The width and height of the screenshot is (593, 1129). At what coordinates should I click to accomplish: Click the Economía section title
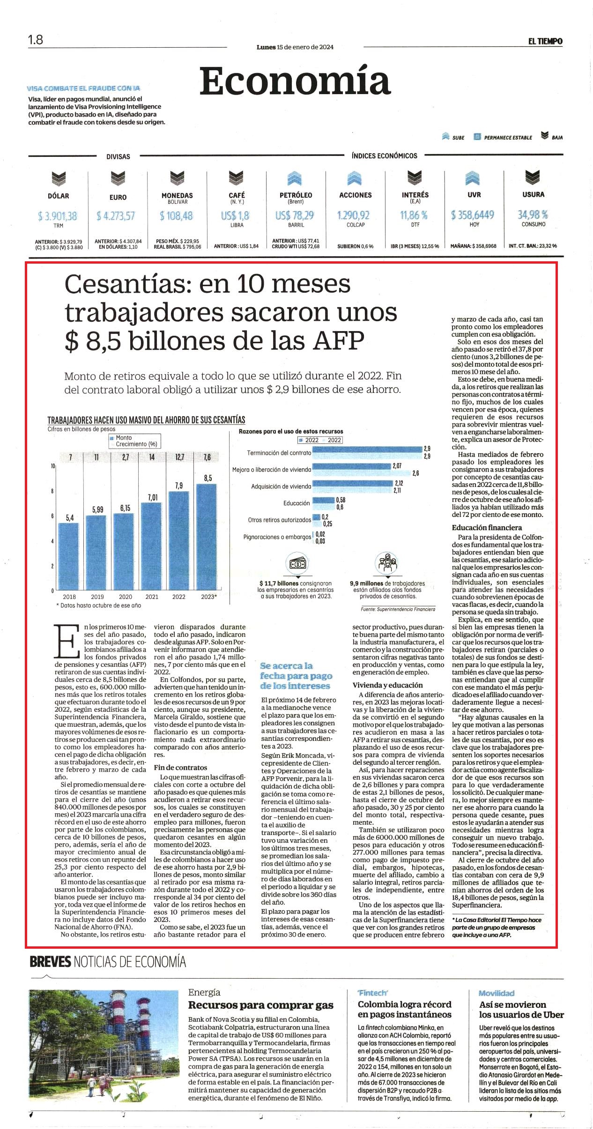tap(295, 81)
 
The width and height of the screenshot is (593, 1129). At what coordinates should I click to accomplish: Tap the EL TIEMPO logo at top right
tap(545, 41)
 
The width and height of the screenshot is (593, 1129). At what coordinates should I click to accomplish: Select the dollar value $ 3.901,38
tap(58, 216)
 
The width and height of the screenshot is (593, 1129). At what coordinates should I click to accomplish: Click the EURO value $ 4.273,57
tap(116, 216)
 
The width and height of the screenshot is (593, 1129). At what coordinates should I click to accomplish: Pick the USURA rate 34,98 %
tap(533, 214)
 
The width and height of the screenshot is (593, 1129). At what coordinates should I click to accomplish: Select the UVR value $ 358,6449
tap(473, 215)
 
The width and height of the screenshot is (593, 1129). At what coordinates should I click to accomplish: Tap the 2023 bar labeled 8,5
tap(207, 537)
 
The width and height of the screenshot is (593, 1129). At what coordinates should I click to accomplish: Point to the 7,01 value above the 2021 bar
tap(153, 497)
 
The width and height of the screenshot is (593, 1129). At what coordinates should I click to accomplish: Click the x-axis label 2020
tap(126, 597)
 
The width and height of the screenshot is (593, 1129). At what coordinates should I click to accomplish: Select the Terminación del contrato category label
tap(279, 453)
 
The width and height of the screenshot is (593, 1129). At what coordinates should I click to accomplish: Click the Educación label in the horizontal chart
tap(296, 503)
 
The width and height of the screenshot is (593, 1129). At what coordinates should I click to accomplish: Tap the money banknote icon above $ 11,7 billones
tap(298, 563)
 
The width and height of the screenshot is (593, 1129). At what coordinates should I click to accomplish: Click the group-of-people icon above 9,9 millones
tap(386, 563)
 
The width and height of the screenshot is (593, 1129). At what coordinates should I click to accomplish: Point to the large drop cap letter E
tap(67, 641)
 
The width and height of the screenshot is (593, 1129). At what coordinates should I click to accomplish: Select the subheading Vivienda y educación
tap(381, 685)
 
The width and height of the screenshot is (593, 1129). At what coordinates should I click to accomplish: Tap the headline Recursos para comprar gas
tap(260, 1005)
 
